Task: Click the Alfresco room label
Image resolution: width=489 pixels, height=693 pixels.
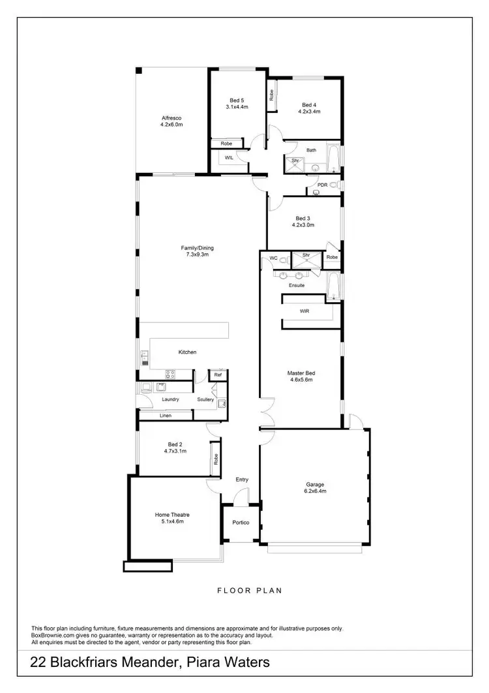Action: pos(171,117)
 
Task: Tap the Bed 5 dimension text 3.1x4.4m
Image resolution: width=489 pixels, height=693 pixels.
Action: pos(237,106)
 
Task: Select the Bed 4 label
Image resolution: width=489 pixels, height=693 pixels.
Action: pos(309,104)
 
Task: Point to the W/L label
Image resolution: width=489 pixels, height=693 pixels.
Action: pos(229,158)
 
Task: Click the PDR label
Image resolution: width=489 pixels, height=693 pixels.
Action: pos(322,185)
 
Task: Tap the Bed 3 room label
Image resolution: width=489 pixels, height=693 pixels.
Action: pos(304,218)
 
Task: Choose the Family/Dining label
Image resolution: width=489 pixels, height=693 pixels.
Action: pos(197,247)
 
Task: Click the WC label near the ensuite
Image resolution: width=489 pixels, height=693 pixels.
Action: pos(274,258)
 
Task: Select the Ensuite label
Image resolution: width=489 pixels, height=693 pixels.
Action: pos(297,285)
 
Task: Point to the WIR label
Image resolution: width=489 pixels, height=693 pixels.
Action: pos(304,311)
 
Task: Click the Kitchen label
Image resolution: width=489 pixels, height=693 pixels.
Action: pos(188,352)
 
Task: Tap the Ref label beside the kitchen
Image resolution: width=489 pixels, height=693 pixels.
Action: pos(218,375)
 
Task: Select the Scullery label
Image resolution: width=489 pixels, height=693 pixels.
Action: pos(206,399)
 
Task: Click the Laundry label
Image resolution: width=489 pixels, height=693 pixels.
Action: pos(171,399)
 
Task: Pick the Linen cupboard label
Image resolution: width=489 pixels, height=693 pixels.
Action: pos(165,415)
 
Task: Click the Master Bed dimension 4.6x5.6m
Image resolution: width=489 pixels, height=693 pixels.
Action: pos(301,380)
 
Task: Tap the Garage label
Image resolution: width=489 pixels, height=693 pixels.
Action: pos(316,484)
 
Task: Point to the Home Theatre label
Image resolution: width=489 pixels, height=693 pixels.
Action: pos(172,514)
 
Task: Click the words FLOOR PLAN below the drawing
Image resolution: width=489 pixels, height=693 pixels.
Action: pos(250,591)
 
